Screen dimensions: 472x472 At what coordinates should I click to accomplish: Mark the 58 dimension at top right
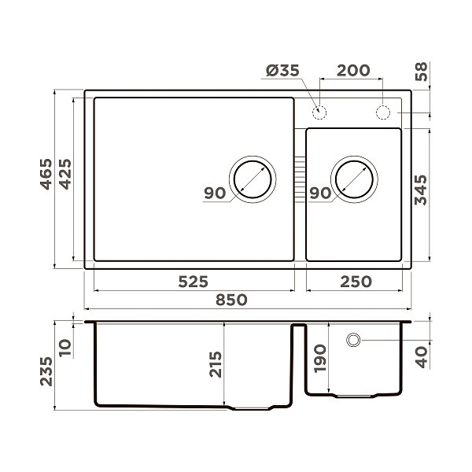[422, 73]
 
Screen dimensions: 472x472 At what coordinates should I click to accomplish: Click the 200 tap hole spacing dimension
[353, 71]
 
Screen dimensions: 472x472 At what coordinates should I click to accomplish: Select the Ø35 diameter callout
[282, 71]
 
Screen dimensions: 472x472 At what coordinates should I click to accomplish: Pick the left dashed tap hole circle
[320, 112]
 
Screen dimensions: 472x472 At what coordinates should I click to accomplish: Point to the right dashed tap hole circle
[384, 112]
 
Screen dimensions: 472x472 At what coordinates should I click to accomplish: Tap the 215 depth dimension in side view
[216, 364]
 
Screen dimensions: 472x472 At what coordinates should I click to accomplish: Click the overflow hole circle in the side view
[354, 340]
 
